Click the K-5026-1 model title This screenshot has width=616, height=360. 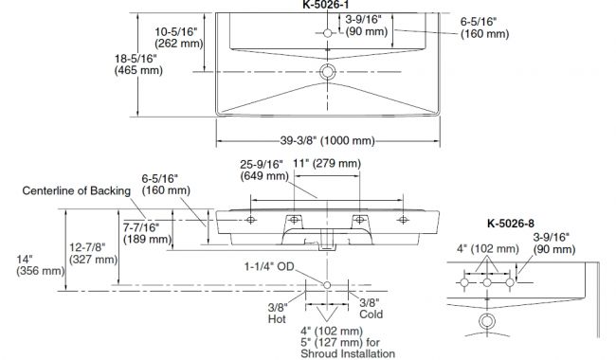click(x=326, y=5)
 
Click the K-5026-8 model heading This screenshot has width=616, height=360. click(x=510, y=224)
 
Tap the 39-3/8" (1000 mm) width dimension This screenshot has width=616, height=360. click(x=327, y=140)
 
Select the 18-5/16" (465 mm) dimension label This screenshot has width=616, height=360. click(x=138, y=64)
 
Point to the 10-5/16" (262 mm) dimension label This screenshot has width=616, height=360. click(x=179, y=37)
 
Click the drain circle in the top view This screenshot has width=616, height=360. click(x=327, y=72)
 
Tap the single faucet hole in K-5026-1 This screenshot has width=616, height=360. click(x=328, y=33)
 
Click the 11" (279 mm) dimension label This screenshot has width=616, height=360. click(x=327, y=163)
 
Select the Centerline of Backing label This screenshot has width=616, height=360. click(x=76, y=190)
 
